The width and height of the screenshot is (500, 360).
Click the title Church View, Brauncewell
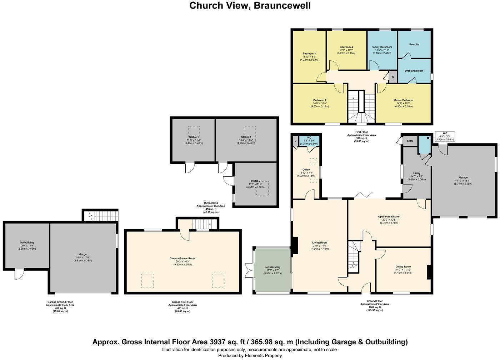click(250, 6)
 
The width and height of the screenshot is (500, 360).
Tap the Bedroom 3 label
click(309, 54)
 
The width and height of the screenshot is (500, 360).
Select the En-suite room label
click(414, 44)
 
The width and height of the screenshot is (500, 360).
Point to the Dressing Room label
click(414, 71)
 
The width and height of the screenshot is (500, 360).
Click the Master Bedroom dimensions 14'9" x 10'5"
click(404, 103)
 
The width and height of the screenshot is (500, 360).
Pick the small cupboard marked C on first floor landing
click(393, 77)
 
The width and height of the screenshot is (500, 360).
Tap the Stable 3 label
click(255, 181)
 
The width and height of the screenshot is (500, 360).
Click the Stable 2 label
click(246, 137)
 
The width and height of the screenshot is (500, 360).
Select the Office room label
click(306, 170)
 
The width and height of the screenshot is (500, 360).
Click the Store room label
click(410, 141)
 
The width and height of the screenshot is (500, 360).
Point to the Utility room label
click(416, 173)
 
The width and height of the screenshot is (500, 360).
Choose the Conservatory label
click(272, 267)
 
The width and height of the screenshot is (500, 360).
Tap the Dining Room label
click(403, 266)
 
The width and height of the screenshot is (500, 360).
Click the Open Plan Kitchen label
click(389, 216)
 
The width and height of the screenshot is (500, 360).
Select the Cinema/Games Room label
click(182, 258)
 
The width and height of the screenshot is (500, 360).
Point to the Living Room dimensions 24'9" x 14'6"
click(319, 246)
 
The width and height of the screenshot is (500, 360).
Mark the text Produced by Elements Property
click(250, 355)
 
